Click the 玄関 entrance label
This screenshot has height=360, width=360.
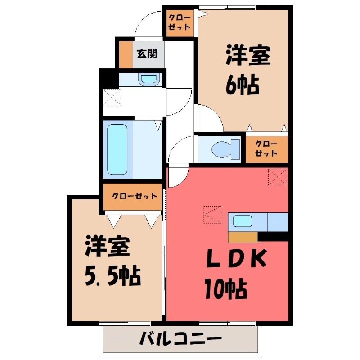click(x=147, y=54)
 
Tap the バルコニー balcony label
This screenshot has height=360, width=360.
click(x=181, y=338)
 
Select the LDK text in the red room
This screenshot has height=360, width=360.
click(x=237, y=258)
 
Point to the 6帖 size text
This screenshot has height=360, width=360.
click(x=243, y=85)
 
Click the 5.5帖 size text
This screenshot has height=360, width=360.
click(x=113, y=276)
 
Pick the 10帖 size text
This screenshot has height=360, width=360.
click(x=226, y=289)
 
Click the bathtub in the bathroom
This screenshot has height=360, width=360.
click(x=117, y=149)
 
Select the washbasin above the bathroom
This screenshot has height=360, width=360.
click(x=149, y=80)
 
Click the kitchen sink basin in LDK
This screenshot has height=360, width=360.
click(x=243, y=221)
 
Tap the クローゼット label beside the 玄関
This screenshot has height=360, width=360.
click(x=179, y=22)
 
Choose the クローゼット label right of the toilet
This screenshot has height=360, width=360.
click(x=266, y=149)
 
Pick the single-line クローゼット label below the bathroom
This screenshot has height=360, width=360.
click(x=135, y=196)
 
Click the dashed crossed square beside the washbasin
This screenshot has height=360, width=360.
click(x=112, y=97)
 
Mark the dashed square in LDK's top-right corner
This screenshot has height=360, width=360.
click(x=278, y=177)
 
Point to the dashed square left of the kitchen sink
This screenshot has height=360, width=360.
click(x=212, y=215)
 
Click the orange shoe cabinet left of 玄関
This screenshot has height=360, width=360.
click(x=126, y=54)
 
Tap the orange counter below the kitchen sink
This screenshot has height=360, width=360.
click(x=243, y=237)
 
